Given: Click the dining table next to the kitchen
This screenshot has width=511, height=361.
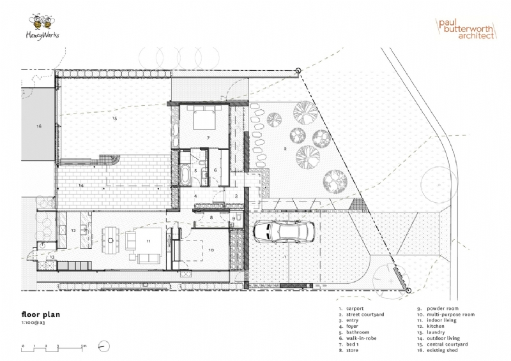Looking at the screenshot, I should coord(111,240).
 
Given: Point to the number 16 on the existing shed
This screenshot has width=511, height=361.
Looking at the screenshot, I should coord(38,127).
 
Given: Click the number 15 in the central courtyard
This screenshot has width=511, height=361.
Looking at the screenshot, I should coord(115,119).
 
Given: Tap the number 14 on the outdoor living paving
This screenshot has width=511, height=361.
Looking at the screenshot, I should coord(82,185).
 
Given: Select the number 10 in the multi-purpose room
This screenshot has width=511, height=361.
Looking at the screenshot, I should coord(211,250).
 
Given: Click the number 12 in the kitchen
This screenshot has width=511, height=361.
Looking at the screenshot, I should coord(73,230).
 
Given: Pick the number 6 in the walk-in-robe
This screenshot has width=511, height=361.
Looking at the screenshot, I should coord(215,170).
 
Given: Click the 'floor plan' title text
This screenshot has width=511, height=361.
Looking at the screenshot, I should coord(42,314).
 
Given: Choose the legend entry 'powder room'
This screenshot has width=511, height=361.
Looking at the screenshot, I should coord(440,309).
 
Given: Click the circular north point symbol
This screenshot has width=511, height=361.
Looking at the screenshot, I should coord(102,347).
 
